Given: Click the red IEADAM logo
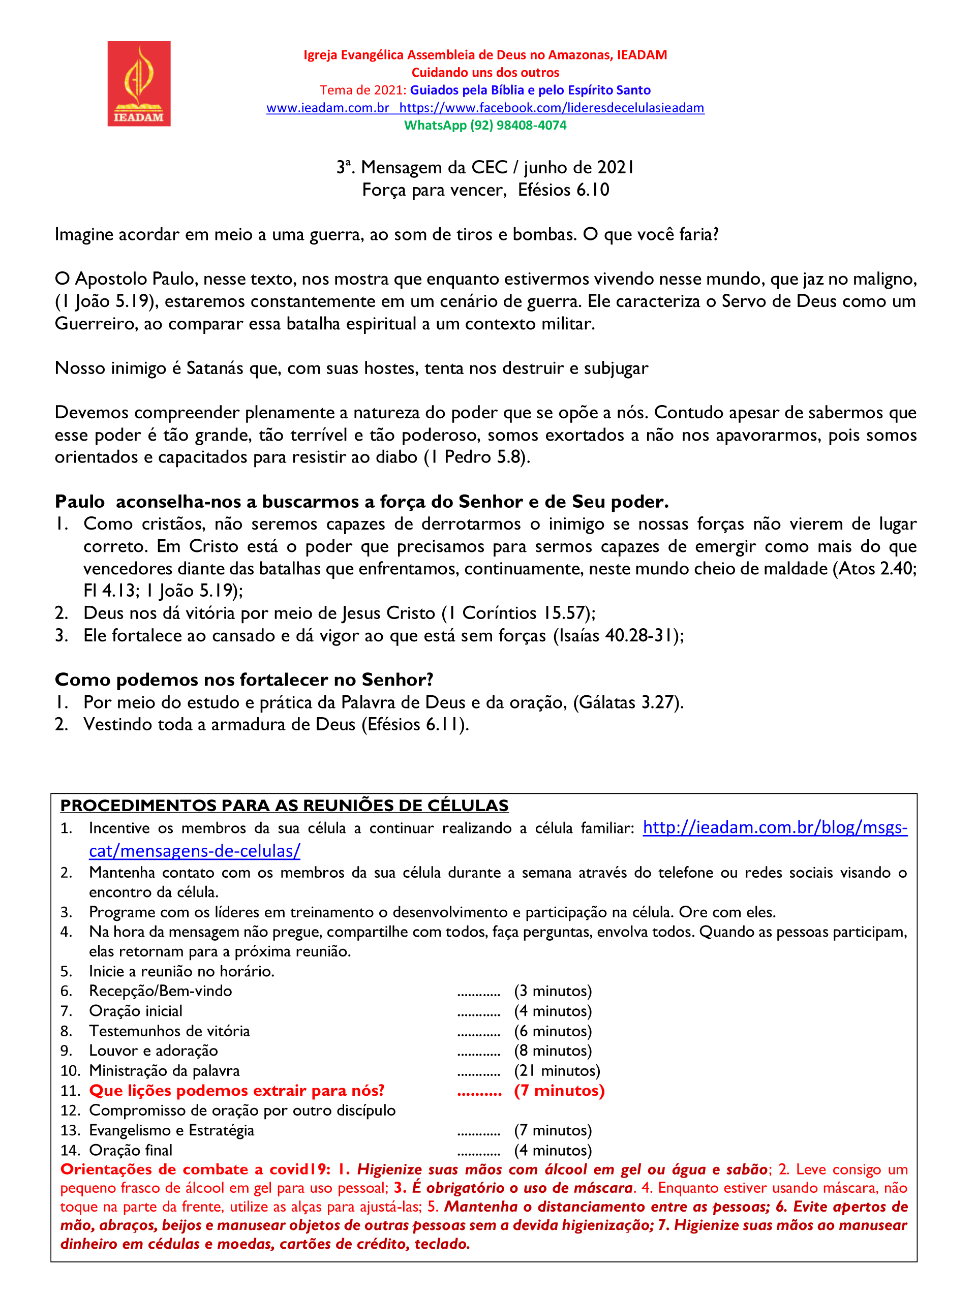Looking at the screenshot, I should pyautogui.click(x=139, y=83).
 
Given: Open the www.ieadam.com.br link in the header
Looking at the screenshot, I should pyautogui.click(x=327, y=108).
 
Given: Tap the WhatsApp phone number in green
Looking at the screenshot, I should pyautogui.click(x=518, y=126).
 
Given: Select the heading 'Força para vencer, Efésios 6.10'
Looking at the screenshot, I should pyautogui.click(x=485, y=190).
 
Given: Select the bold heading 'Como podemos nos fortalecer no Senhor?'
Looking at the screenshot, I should pyautogui.click(x=243, y=680).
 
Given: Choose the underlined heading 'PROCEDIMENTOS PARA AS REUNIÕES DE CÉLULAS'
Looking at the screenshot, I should pyautogui.click(x=284, y=806).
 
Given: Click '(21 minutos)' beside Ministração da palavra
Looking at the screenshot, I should pyautogui.click(x=557, y=1071).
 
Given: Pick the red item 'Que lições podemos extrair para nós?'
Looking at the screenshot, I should pyautogui.click(x=237, y=1091).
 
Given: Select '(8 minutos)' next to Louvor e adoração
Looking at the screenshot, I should pyautogui.click(x=553, y=1051).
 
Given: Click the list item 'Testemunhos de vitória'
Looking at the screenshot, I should pyautogui.click(x=169, y=1031).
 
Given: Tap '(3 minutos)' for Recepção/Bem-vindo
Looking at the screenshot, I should pyautogui.click(x=553, y=992).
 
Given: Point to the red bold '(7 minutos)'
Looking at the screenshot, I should pyautogui.click(x=559, y=1091).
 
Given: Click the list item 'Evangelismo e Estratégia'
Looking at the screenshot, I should pyautogui.click(x=171, y=1131).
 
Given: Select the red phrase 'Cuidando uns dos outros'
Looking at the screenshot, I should pyautogui.click(x=485, y=73).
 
